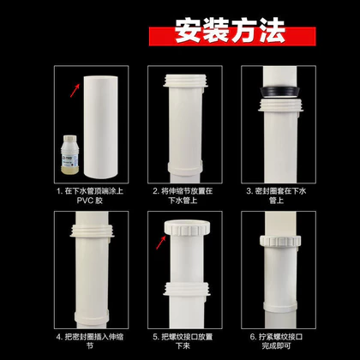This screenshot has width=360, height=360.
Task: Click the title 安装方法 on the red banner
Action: tap(231, 31)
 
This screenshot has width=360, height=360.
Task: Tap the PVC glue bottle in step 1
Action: tap(69, 154)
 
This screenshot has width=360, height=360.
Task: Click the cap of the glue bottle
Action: tap(69, 140)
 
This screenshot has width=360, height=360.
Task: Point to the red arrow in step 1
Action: tap(75, 91)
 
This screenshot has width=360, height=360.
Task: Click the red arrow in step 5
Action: tap(161, 243)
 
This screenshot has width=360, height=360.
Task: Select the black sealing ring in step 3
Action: tap(280, 93)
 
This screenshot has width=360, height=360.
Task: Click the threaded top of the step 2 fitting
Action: tap(185, 81)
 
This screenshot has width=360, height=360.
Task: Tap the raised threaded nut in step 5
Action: tap(187, 228)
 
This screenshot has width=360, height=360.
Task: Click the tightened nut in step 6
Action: tap(280, 241)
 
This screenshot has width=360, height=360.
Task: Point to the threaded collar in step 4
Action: tap(92, 231)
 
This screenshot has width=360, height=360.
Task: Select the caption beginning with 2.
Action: tap(183, 195)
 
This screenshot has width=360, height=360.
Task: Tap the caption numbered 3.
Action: tap(276, 195)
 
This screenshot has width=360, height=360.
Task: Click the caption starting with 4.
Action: tap(90, 341)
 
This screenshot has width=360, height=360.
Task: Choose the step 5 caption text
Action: tap(183, 341)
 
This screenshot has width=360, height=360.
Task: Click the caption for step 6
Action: tap(276, 341)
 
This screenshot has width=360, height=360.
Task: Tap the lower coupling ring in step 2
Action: tap(185, 167)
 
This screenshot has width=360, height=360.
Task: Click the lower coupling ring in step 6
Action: tap(280, 305)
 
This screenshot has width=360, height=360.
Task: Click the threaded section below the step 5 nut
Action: tap(187, 289)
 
